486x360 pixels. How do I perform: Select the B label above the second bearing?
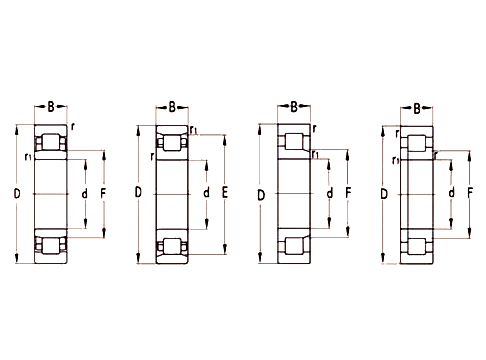(x=172, y=105)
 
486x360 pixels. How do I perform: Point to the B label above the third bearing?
(x=294, y=105)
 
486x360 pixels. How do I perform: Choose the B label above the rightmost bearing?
(x=416, y=106)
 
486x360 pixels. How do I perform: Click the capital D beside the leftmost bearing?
(x=15, y=192)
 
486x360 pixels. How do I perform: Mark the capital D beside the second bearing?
(x=138, y=192)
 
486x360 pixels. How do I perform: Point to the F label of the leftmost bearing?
(x=103, y=192)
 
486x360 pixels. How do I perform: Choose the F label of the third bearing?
(x=346, y=192)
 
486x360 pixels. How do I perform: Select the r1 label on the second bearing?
(x=193, y=131)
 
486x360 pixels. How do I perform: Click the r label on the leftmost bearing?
(x=73, y=128)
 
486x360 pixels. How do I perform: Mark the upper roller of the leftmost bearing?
(x=49, y=141)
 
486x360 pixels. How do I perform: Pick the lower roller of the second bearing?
(x=172, y=245)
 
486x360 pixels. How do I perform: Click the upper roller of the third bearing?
(x=294, y=141)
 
